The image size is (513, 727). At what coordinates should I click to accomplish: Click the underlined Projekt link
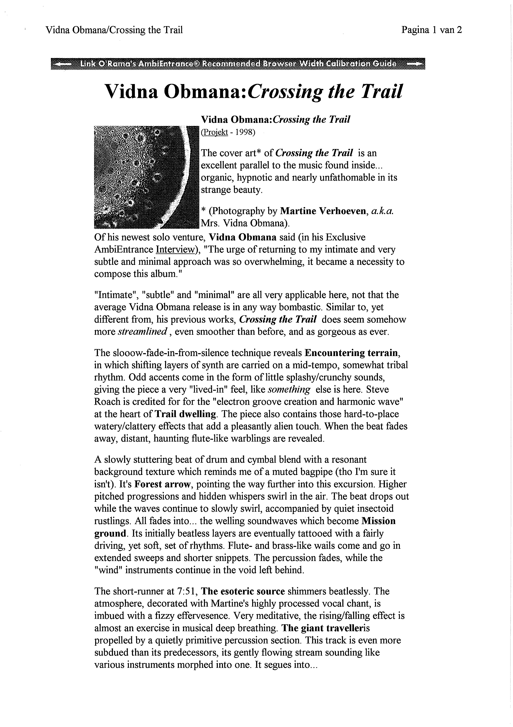pos(215,132)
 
